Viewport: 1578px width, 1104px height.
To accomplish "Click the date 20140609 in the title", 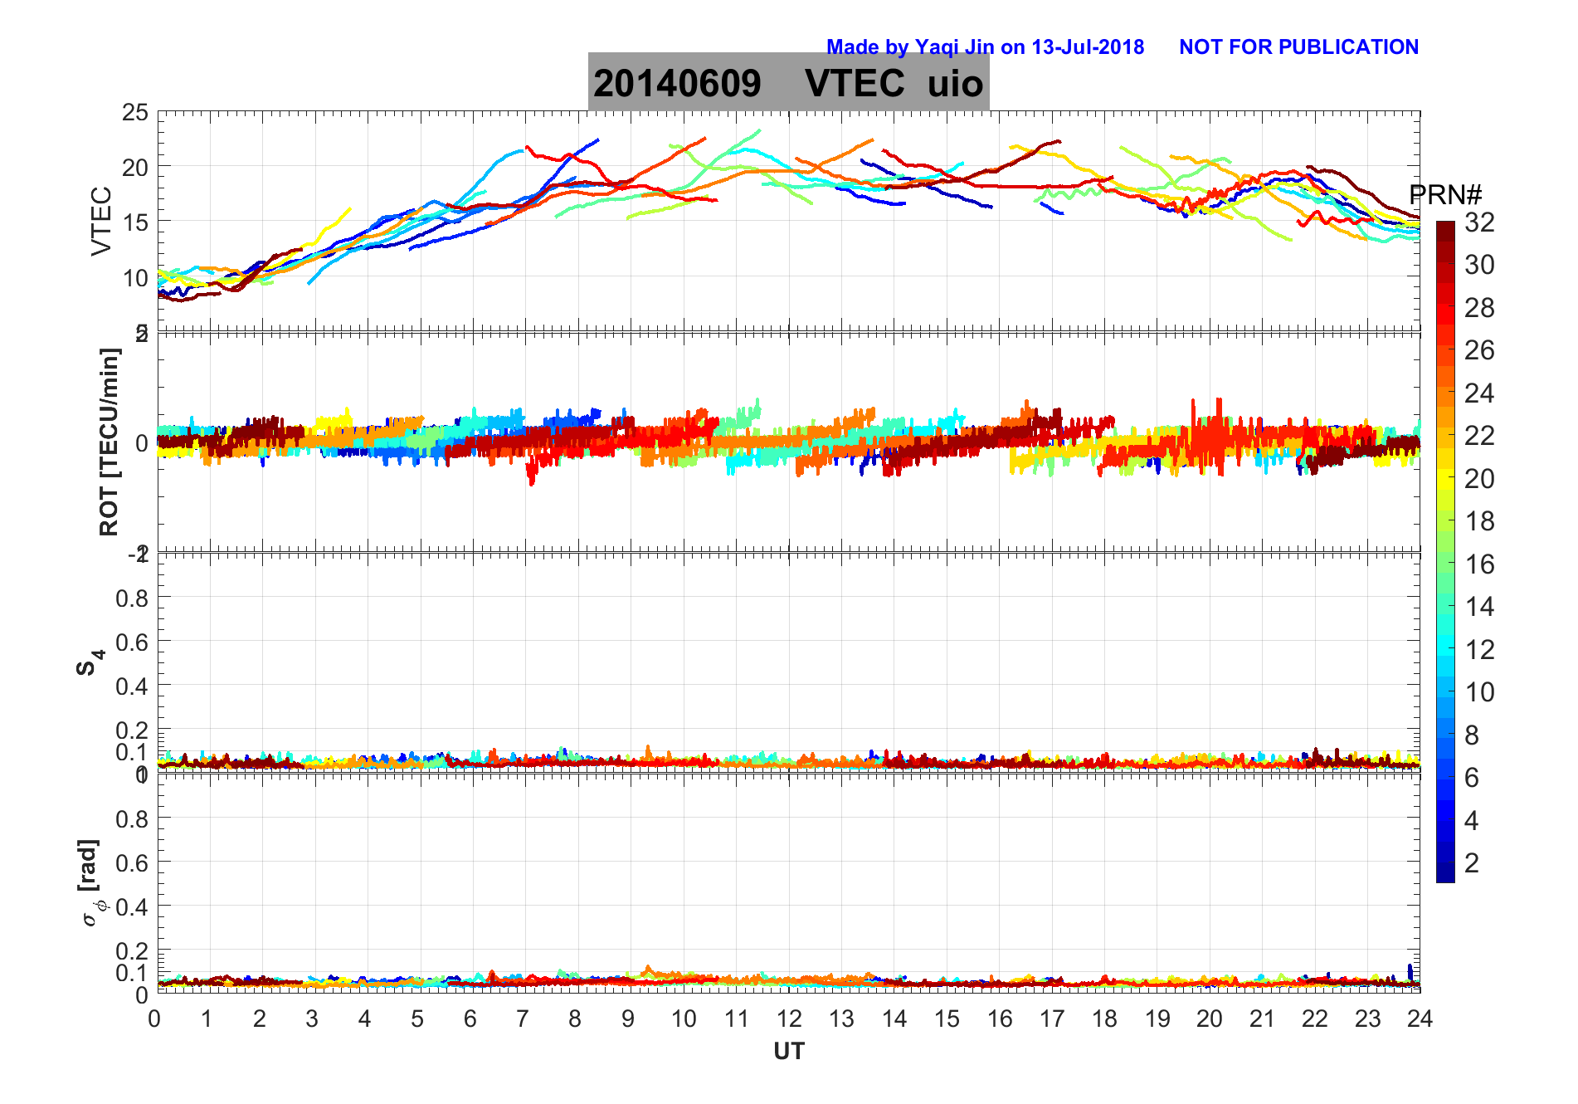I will [677, 83].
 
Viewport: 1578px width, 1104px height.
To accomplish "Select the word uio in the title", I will [955, 83].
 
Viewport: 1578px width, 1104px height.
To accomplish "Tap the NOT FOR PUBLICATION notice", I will [1298, 47].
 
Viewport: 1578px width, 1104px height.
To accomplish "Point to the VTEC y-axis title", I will [101, 221].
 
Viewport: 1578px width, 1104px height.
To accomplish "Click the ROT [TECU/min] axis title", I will [109, 442].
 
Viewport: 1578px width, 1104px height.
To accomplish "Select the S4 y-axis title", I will [90, 662].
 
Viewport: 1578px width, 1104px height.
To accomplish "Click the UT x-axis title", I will [788, 1052].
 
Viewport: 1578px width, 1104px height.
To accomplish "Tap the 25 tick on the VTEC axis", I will [135, 112].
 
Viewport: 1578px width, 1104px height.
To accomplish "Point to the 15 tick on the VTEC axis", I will [135, 222].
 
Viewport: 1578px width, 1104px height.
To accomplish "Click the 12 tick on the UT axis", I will [789, 1019].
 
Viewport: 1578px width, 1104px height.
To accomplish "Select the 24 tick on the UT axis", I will [1420, 1019].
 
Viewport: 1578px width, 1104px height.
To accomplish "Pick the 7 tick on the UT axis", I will [523, 1019].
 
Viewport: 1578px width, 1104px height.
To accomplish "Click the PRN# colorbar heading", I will [1445, 195].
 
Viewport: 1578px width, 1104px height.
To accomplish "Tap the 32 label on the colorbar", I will [1479, 222].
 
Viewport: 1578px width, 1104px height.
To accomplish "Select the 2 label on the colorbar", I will [1472, 862].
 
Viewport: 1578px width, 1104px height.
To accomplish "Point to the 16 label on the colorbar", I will [1479, 564].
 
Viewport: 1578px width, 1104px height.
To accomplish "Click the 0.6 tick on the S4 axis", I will [131, 642].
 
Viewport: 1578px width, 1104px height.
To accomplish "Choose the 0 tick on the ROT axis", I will [142, 443].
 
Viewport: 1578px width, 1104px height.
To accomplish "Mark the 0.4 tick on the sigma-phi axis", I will [131, 906].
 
